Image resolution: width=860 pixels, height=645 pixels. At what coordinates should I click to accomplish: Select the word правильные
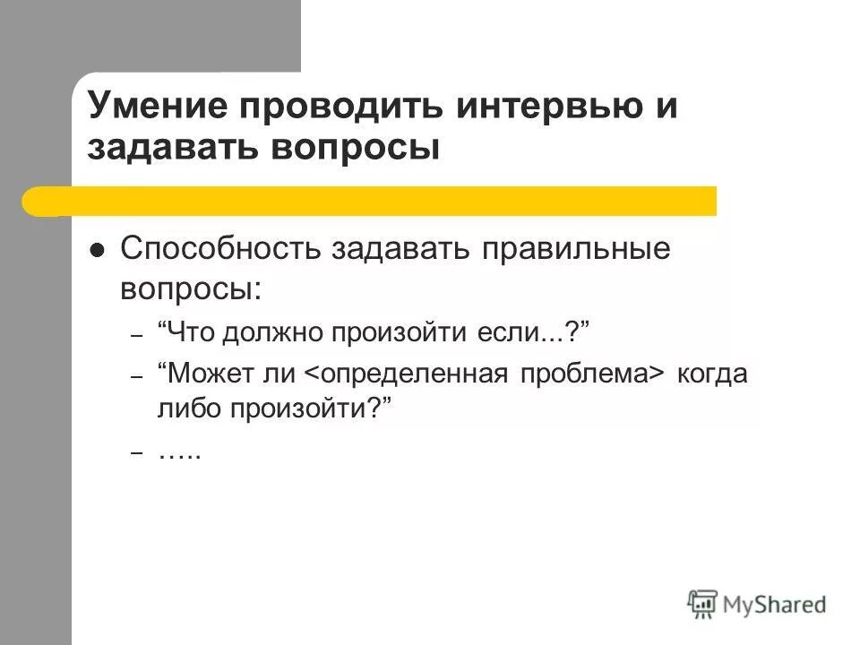(x=577, y=248)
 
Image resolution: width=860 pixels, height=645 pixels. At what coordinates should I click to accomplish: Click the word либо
(x=187, y=409)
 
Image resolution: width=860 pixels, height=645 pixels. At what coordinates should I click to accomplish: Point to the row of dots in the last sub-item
(x=180, y=453)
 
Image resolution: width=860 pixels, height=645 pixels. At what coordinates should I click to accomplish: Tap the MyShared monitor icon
(x=702, y=603)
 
